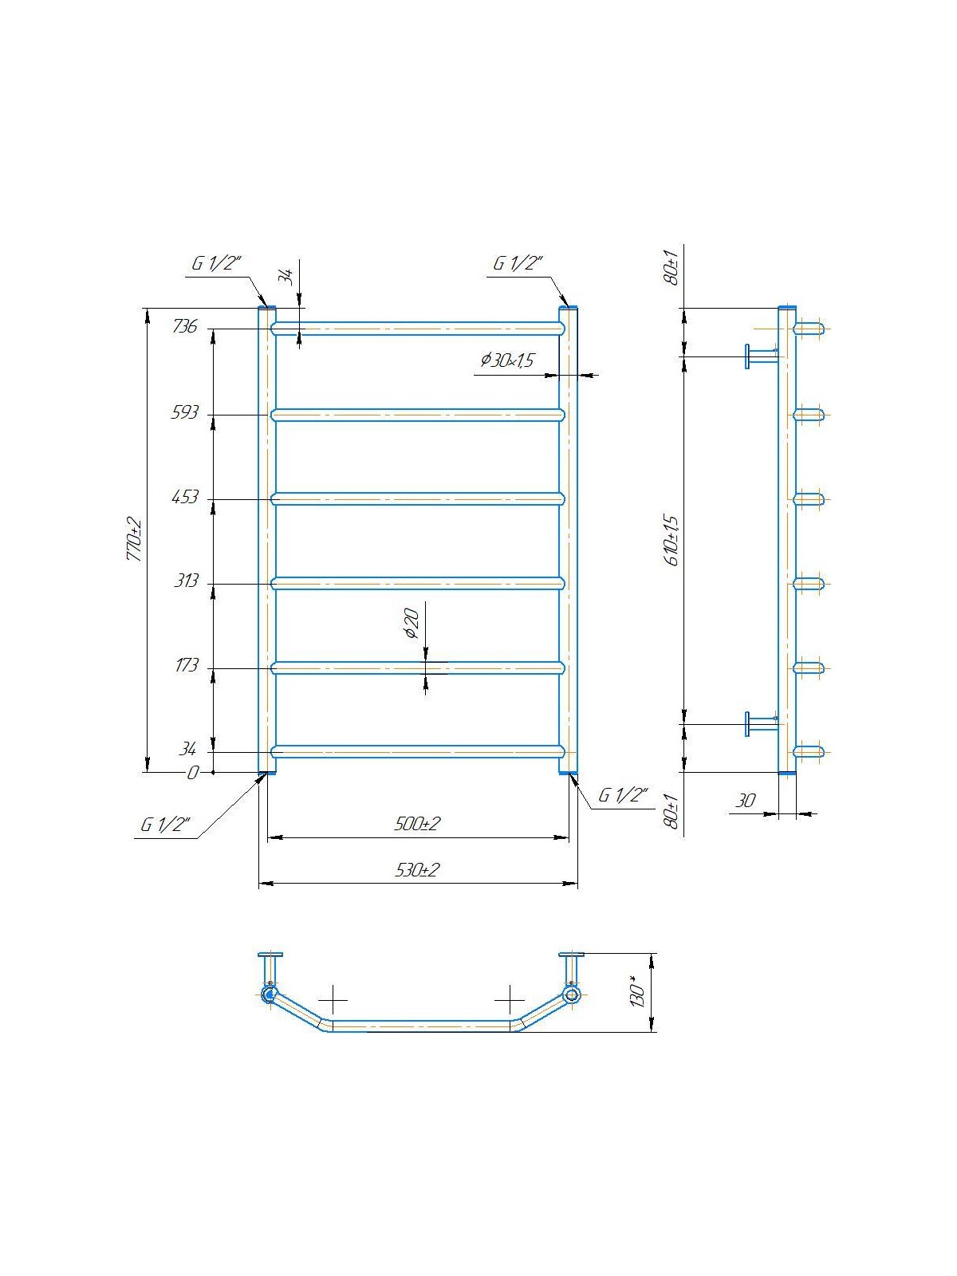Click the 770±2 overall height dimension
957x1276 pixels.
(135, 540)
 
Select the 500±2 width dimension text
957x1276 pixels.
(416, 824)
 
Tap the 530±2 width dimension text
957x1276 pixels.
(417, 870)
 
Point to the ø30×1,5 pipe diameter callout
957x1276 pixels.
(506, 360)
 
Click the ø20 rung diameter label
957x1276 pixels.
(412, 623)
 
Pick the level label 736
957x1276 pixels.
(184, 326)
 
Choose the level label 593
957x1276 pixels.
(184, 412)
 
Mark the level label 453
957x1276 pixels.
(184, 497)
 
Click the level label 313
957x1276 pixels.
(186, 581)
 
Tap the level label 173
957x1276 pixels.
(186, 665)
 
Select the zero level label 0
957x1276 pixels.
(191, 773)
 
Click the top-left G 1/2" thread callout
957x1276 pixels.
(215, 264)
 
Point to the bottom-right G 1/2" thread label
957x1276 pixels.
(623, 796)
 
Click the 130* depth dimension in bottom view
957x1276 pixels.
(637, 991)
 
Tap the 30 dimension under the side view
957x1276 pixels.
(745, 801)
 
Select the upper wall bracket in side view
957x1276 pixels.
(759, 356)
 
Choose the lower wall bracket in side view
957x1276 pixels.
(759, 723)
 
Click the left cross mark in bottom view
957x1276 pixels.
(333, 998)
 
